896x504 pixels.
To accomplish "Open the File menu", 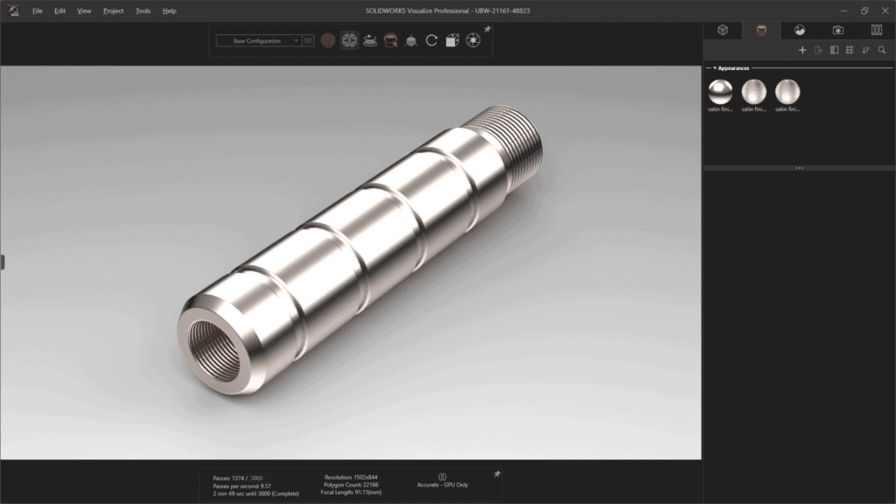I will [x=38, y=10].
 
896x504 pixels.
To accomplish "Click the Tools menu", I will [x=143, y=10].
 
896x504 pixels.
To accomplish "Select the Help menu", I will [x=170, y=10].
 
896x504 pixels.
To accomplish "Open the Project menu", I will [x=113, y=10].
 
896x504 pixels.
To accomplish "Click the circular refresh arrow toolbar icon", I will [x=431, y=40].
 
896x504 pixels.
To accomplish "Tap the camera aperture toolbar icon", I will [x=473, y=40].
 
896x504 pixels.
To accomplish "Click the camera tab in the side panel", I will [x=837, y=30].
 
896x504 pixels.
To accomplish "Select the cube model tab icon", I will [x=723, y=30].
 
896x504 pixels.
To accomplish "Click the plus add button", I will [x=802, y=50].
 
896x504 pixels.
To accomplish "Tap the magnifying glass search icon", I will [x=881, y=50].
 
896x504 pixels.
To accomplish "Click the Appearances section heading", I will [x=733, y=67].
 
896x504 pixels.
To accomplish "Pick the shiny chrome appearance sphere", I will [x=720, y=90].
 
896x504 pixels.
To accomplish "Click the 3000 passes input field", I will [x=257, y=478].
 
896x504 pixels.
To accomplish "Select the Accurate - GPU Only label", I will [x=442, y=484].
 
